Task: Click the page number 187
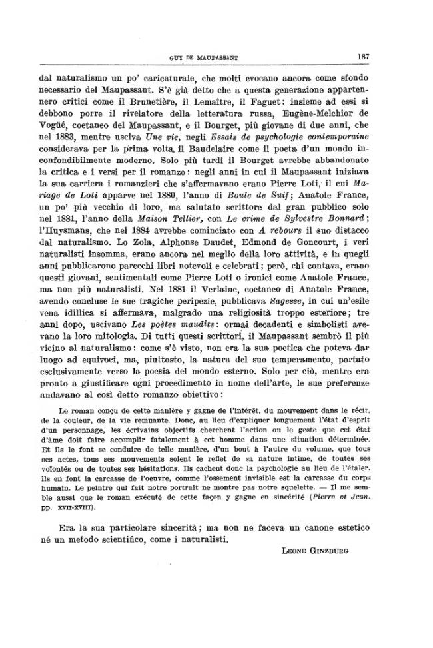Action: [x=363, y=56]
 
